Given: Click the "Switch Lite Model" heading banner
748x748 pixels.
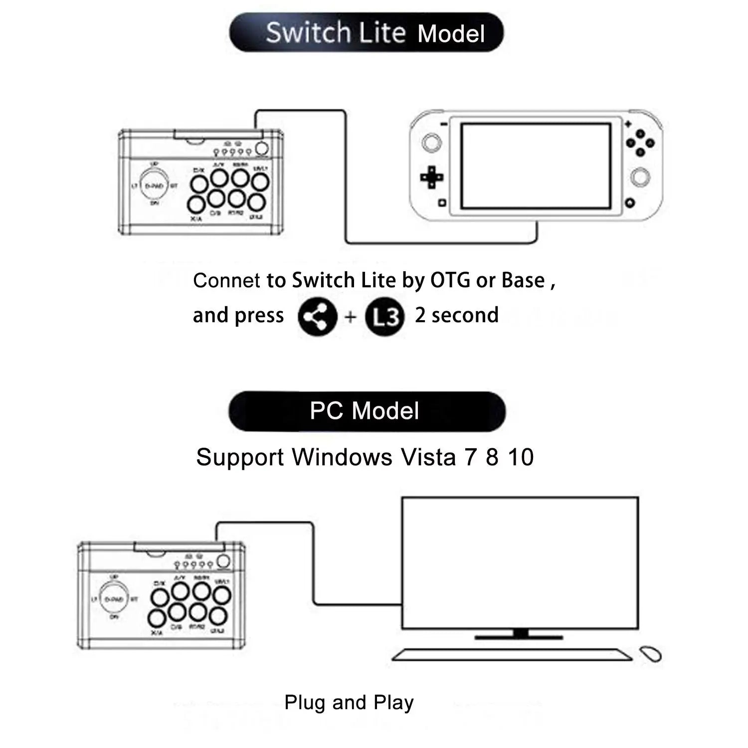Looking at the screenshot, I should coord(367,33).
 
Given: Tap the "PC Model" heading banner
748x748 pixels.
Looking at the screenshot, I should coord(367,411).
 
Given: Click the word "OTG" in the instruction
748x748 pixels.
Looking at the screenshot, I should coord(450,280).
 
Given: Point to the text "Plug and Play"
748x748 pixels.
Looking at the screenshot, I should coord(349,702).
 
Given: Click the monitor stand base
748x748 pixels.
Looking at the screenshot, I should coord(519,637).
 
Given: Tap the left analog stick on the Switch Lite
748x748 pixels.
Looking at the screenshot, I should coord(431,143).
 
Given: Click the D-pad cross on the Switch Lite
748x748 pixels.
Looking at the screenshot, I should coord(432,177).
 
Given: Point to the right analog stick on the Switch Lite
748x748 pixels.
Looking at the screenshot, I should coord(640,178).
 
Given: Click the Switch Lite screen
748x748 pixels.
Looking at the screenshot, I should coord(536,166).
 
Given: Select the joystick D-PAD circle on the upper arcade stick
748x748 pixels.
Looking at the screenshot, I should coord(154,186).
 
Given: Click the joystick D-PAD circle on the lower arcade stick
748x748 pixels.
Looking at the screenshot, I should coord(114,599).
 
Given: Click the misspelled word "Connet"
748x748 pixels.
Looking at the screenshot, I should coord(226,280).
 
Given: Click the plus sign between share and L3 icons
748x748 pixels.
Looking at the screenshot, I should coord(351,317).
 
